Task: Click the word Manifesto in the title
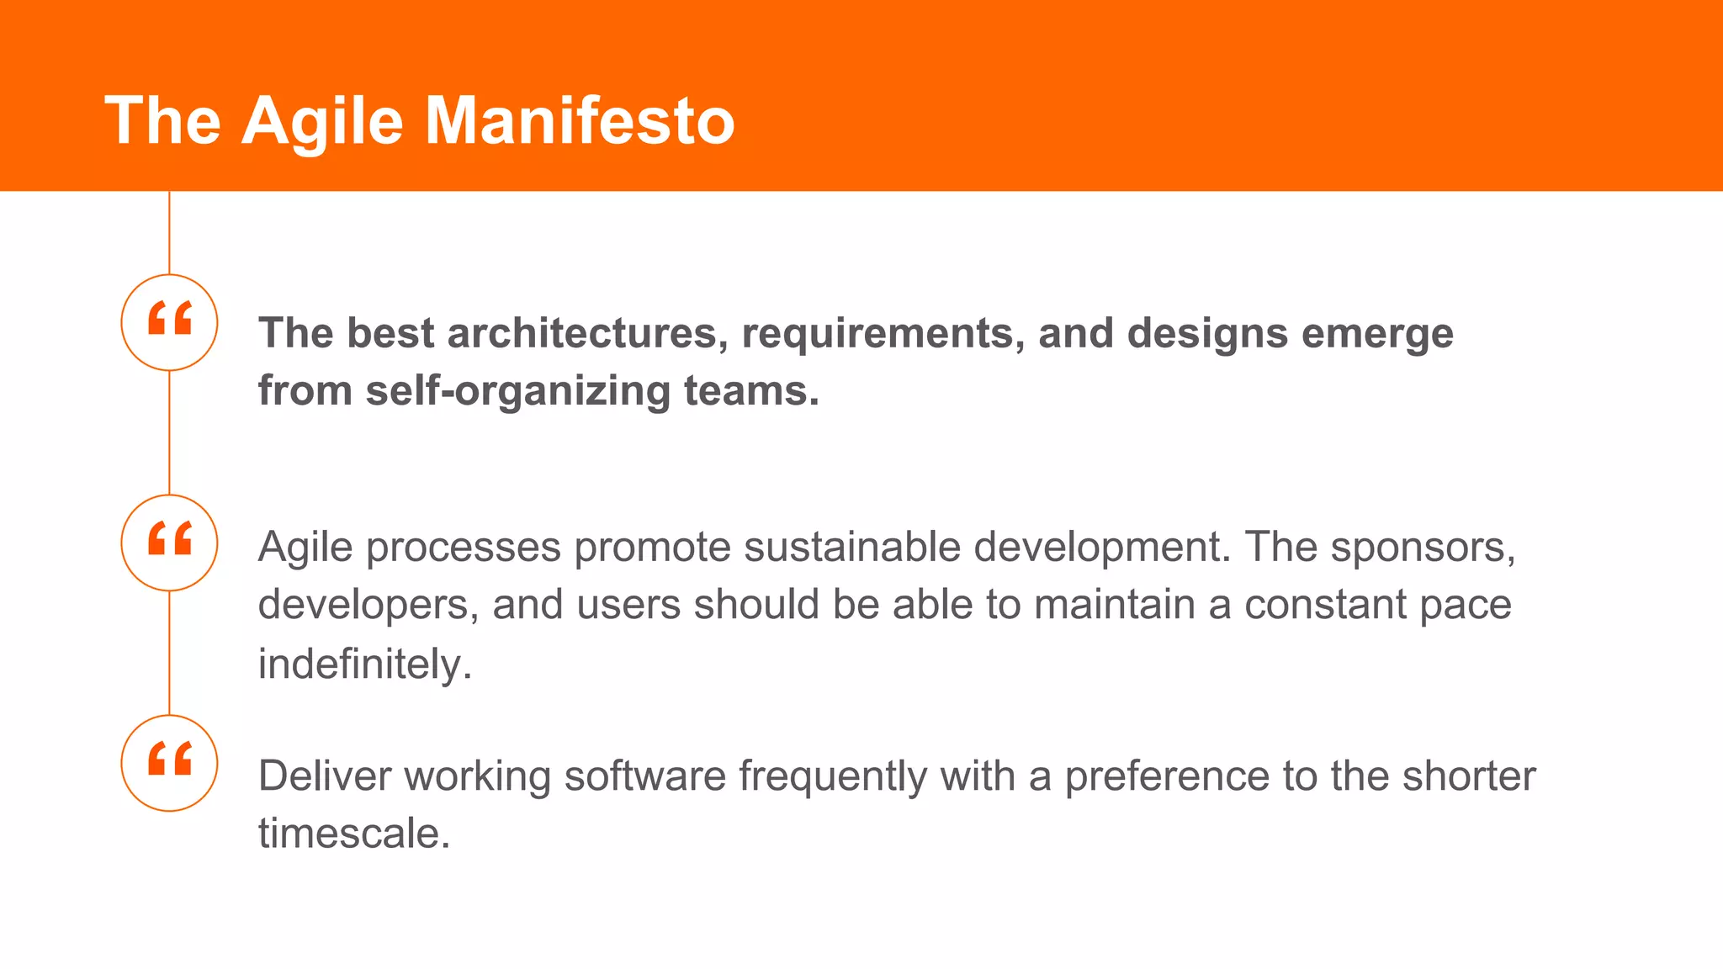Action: (580, 121)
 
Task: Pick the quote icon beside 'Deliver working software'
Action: (169, 763)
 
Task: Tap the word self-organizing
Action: (517, 392)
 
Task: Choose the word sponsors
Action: (1423, 548)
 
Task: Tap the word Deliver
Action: (325, 776)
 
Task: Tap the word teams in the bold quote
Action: (751, 392)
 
